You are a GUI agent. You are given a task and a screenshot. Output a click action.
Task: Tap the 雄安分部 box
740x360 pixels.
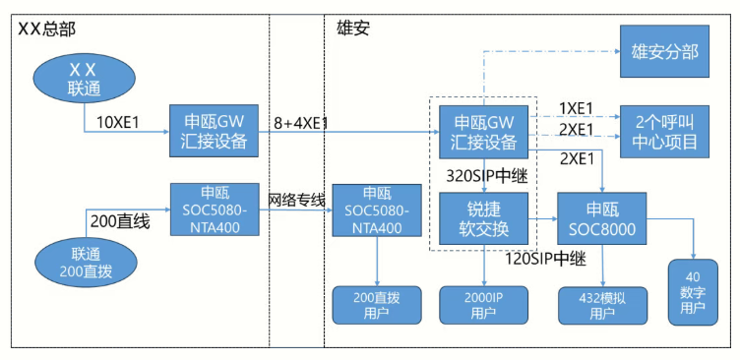tap(663, 50)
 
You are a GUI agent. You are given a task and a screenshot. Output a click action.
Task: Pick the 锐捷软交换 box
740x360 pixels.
tap(485, 218)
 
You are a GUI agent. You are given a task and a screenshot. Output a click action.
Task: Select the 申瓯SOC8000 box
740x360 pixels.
tap(602, 218)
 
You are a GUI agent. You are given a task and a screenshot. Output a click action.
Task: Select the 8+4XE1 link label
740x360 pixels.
tap(301, 123)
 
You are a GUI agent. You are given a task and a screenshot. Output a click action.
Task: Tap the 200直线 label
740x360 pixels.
tap(119, 221)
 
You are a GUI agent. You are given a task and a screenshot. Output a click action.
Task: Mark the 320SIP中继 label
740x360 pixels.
tap(481, 175)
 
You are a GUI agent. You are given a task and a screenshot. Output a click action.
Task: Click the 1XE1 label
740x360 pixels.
tap(576, 107)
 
